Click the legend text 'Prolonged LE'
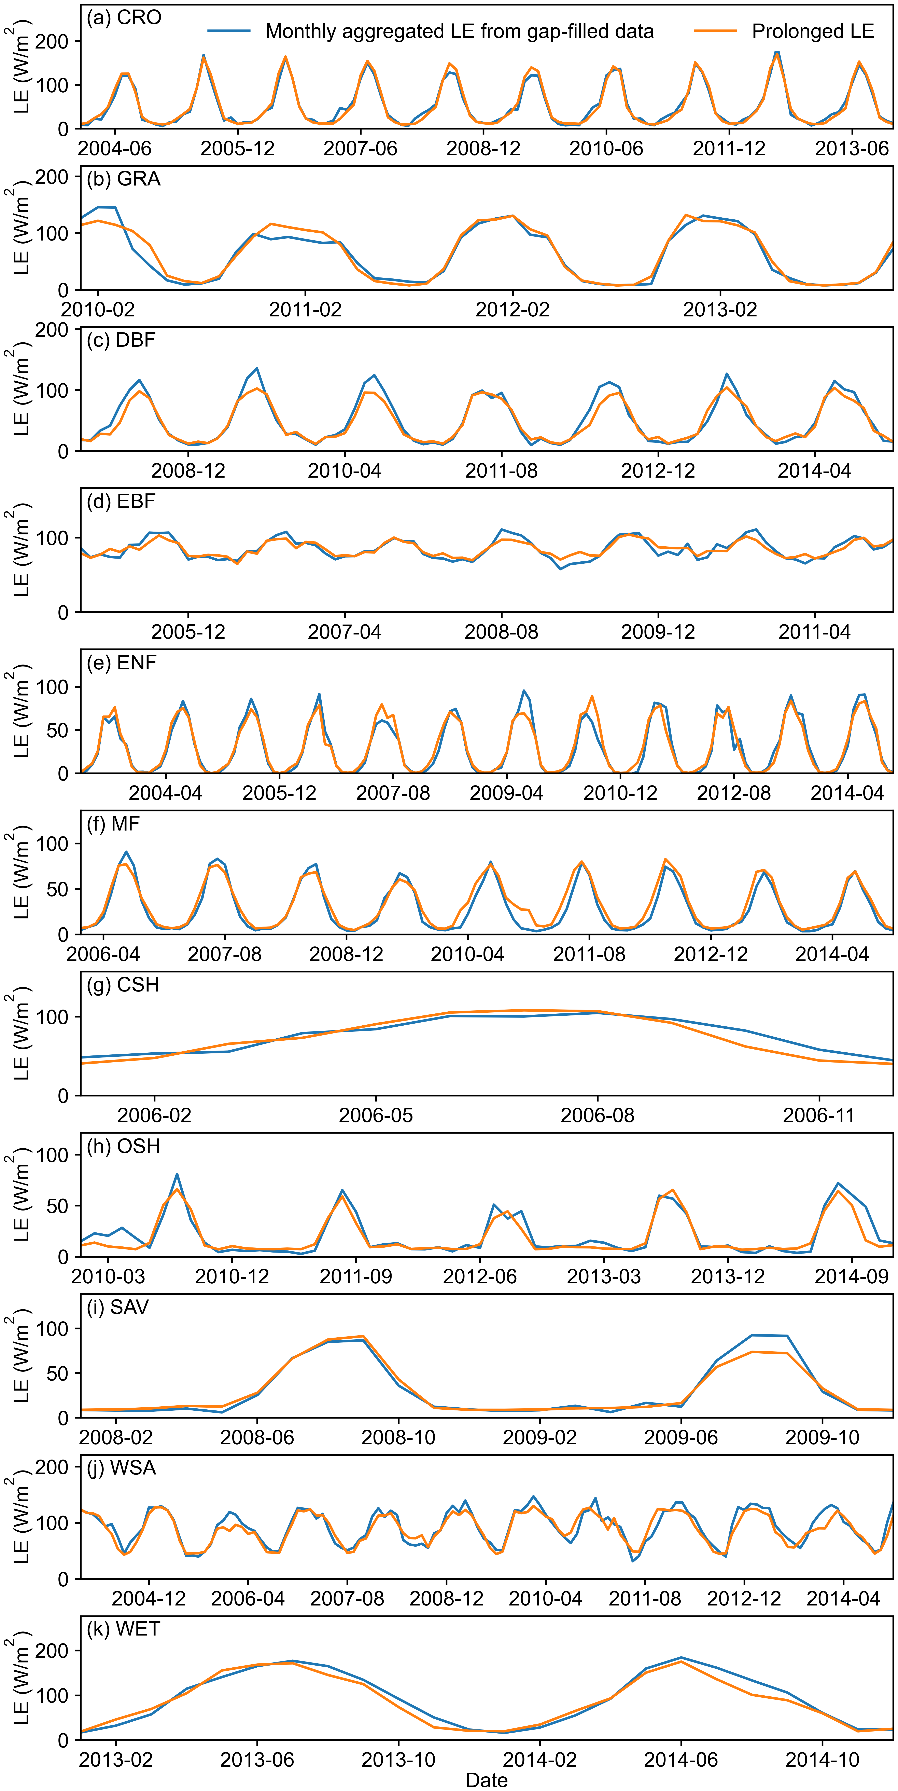tap(813, 31)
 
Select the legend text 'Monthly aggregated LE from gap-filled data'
tap(459, 31)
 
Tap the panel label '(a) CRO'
tap(124, 17)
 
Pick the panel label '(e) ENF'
tap(122, 662)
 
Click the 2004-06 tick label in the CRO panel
tap(115, 148)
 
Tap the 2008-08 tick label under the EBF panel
tap(501, 632)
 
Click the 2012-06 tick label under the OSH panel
tap(480, 1276)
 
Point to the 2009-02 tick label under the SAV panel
tap(539, 1437)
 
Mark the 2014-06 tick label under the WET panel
tap(681, 1760)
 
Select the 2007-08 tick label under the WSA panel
tap(347, 1598)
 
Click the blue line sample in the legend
tap(229, 31)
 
